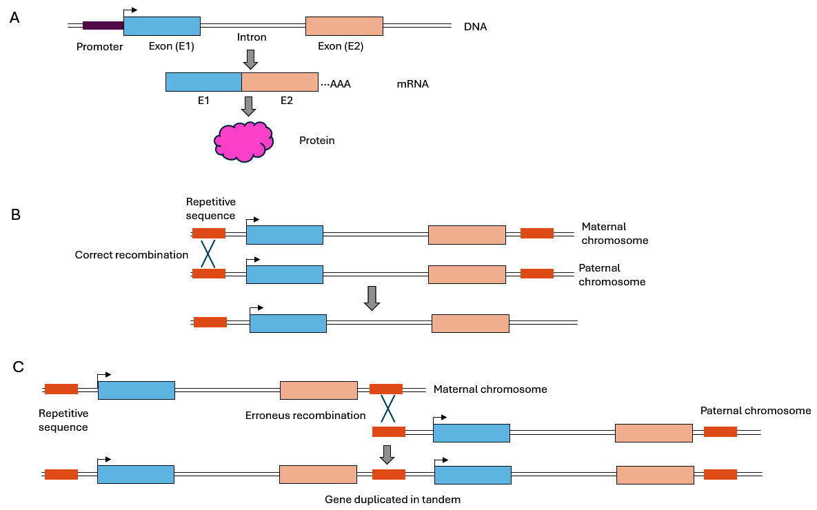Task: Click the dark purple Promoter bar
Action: tap(103, 25)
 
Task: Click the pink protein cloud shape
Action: tap(243, 141)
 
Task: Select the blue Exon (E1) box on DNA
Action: tap(162, 25)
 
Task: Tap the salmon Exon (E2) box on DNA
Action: tap(344, 25)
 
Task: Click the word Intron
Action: tap(251, 37)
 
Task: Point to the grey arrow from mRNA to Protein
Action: tap(250, 106)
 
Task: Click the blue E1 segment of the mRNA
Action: tap(203, 81)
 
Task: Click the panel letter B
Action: tap(16, 214)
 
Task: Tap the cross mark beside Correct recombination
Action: tap(208, 254)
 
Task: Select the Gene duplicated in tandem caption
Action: tap(392, 500)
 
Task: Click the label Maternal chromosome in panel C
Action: tap(490, 389)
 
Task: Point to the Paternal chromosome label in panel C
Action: tap(756, 411)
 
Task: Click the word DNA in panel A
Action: tap(476, 27)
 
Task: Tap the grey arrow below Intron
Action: tap(251, 59)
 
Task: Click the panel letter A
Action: tap(14, 19)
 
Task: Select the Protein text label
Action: tap(316, 141)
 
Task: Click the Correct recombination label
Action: tap(132, 255)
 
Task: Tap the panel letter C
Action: tap(19, 366)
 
